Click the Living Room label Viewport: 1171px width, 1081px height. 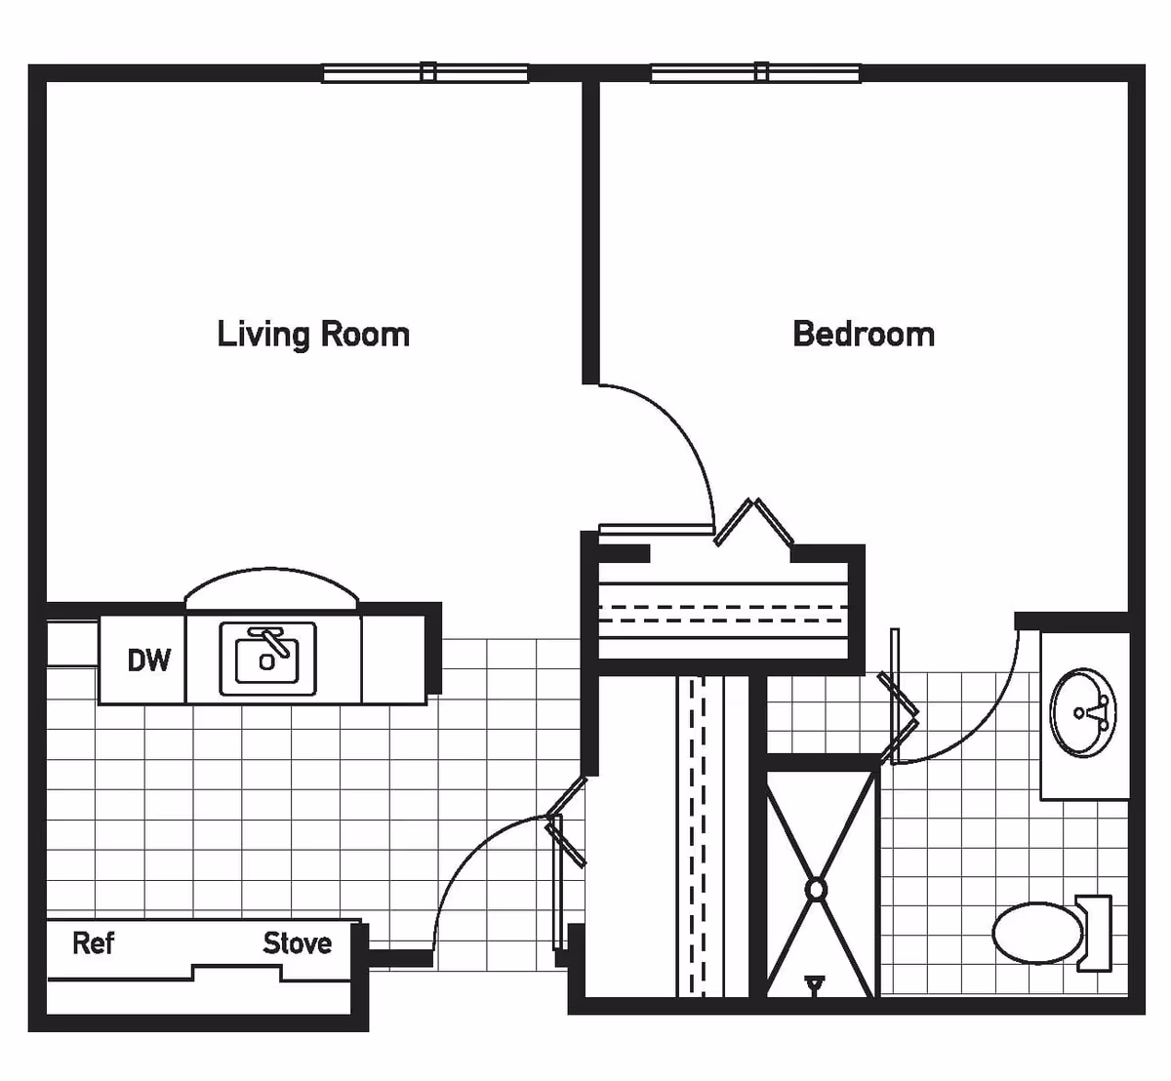[x=313, y=334]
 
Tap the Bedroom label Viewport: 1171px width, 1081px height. [x=864, y=334]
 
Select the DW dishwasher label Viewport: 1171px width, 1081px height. [x=148, y=661]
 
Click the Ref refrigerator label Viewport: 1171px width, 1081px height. [x=94, y=943]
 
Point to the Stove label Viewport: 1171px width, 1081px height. [x=297, y=943]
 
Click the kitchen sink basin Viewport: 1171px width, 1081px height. [x=267, y=660]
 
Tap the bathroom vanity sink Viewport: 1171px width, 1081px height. [x=1083, y=712]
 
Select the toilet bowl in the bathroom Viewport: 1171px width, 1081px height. [x=1037, y=933]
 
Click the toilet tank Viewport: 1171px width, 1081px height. [x=1096, y=933]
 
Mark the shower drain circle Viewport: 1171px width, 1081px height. [x=816, y=890]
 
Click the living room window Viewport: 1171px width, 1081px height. [x=425, y=72]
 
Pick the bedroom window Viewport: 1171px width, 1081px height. [x=756, y=72]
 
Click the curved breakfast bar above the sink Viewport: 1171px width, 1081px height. [x=271, y=585]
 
